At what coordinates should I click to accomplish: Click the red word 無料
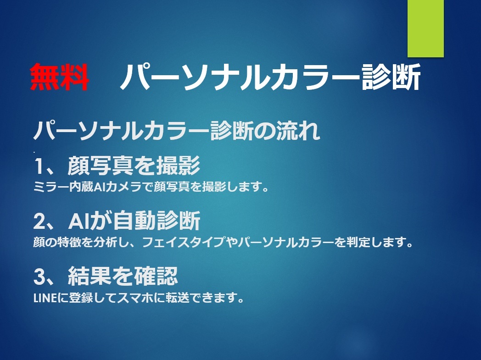(60, 77)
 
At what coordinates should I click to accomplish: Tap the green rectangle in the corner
(425, 28)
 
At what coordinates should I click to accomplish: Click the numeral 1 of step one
(39, 166)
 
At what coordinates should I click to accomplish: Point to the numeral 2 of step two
(39, 221)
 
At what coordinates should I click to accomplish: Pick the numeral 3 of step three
(39, 276)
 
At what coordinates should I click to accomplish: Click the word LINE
(45, 298)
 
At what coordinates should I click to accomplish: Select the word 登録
(81, 298)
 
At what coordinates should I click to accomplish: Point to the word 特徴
(69, 242)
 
